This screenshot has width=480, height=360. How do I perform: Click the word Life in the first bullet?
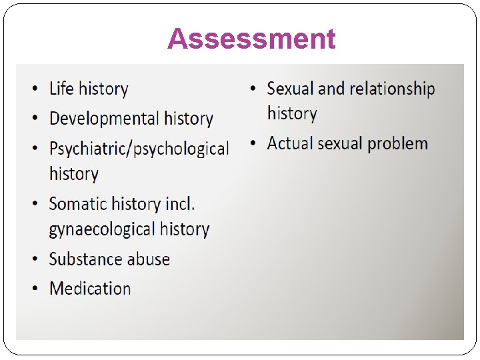coord(62,89)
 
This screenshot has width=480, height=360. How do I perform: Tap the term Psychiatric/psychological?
coord(139,148)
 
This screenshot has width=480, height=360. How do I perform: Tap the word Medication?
coord(90,289)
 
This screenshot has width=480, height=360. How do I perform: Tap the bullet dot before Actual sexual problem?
coord(253,144)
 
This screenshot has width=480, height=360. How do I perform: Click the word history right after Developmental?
coord(189,119)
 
